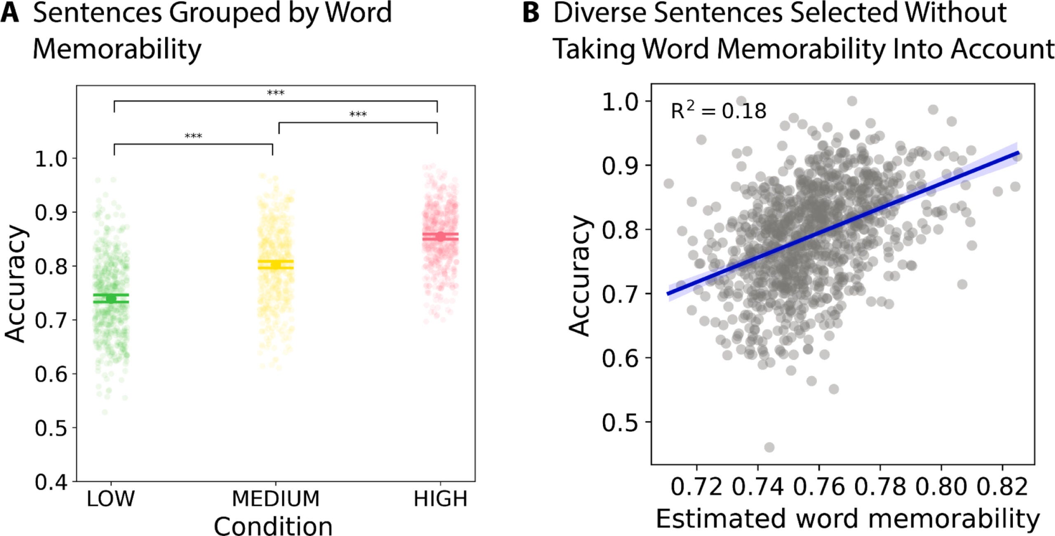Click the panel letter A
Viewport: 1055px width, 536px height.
coord(10,13)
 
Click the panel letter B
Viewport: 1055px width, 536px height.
coord(531,13)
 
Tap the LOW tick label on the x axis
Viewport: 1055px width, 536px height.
coord(110,499)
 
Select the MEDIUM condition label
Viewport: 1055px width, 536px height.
coord(276,499)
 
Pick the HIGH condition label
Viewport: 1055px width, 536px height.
coord(440,499)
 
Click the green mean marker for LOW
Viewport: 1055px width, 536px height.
coord(110,299)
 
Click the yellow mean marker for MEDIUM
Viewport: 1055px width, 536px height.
coord(275,264)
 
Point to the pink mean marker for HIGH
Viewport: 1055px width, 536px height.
coord(440,237)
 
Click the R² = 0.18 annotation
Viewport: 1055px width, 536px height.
coord(718,111)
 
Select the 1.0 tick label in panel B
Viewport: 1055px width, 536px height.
coord(620,102)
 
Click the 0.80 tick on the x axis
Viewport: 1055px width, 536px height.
coord(941,487)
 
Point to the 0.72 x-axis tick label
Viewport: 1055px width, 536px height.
coord(696,487)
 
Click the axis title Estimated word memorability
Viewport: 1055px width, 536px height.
coord(848,519)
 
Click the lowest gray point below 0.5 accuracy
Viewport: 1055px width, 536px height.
coord(769,447)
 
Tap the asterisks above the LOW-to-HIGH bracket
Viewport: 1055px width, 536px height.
coord(276,93)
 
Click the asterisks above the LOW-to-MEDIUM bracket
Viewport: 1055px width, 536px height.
coord(193,136)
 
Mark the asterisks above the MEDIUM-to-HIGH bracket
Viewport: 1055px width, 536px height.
coord(358,115)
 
